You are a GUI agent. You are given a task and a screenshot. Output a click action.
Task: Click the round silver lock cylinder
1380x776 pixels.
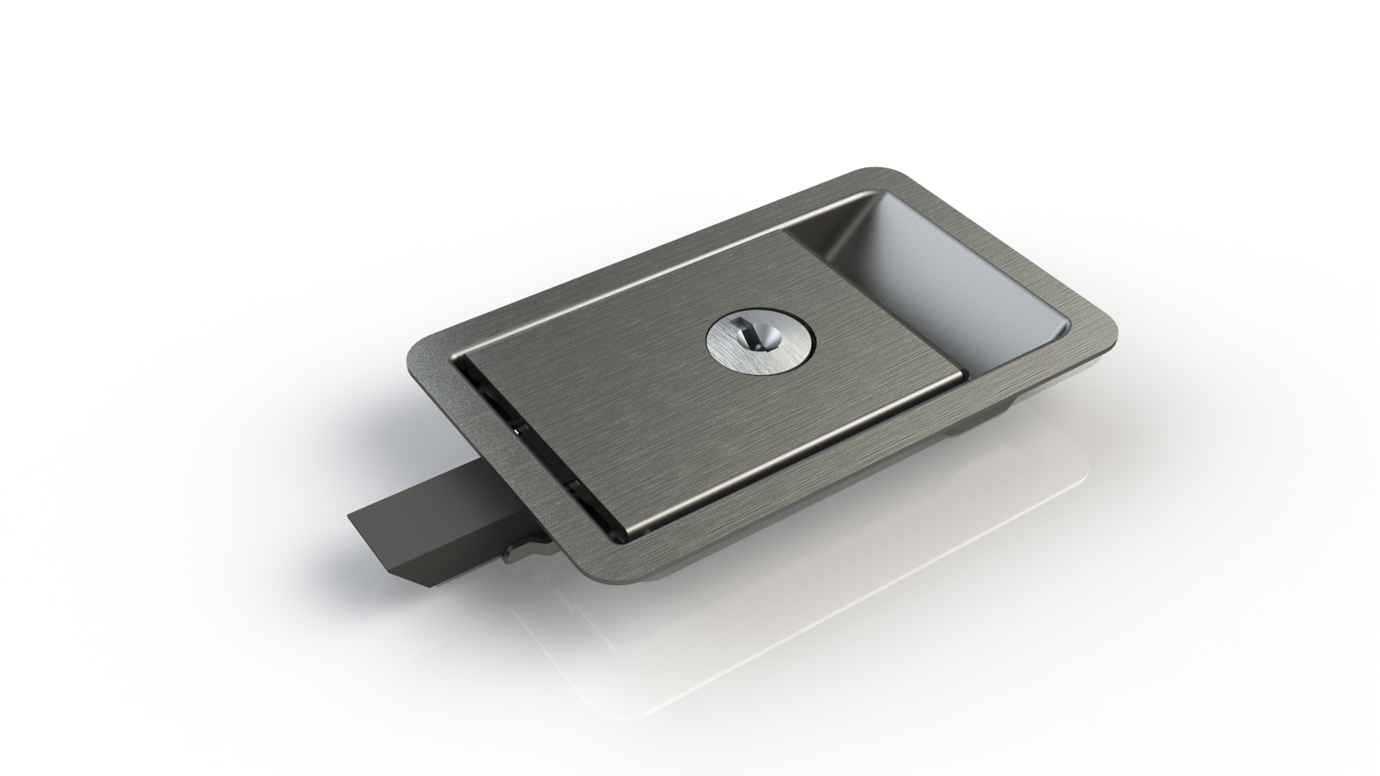pos(763,348)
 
